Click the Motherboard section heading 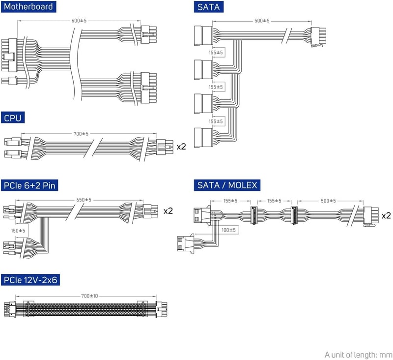(28, 7)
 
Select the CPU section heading (13, 118)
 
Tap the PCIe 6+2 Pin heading (34, 185)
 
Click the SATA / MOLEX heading (226, 185)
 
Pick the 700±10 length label (89, 296)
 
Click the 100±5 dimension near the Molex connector (228, 230)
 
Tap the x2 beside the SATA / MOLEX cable (386, 215)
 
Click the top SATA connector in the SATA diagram (202, 35)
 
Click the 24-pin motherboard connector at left (9, 56)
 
